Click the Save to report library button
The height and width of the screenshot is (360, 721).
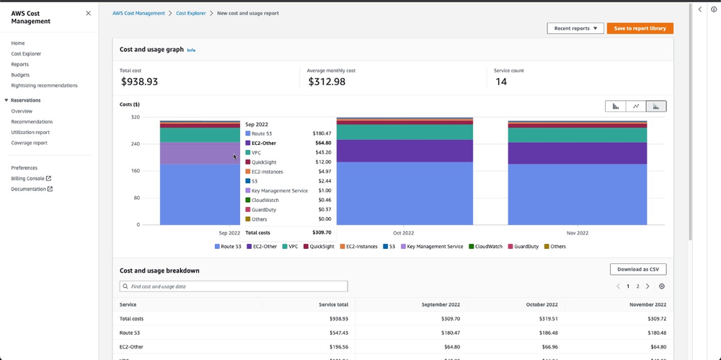tap(640, 28)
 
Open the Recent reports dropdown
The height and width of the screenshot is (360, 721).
tap(575, 28)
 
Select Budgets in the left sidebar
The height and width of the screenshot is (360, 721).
tap(20, 75)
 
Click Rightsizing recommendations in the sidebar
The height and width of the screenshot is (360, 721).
tap(44, 85)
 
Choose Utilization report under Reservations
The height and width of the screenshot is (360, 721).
tap(30, 132)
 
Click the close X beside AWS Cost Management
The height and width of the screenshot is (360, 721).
tap(88, 13)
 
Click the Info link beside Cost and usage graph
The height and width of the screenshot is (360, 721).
tap(191, 50)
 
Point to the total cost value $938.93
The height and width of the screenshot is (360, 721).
tap(139, 82)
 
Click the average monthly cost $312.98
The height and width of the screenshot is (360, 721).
tap(327, 82)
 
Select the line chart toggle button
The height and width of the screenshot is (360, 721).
tap(636, 106)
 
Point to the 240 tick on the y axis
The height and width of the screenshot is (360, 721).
tap(135, 144)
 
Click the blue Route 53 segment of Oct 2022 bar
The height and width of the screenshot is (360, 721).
tap(404, 193)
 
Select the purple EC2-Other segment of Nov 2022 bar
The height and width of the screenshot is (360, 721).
tap(577, 152)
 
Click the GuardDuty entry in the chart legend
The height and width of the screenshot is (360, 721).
tap(524, 247)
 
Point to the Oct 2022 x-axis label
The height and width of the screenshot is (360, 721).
tap(403, 233)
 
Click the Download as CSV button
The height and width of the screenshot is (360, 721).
tap(637, 269)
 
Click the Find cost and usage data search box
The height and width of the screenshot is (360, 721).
tap(234, 286)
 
